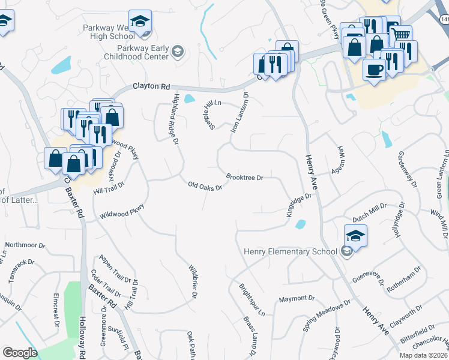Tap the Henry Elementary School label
[291, 251]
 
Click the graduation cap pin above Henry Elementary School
[356, 236]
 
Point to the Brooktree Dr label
[245, 177]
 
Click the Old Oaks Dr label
[205, 186]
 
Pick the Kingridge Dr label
[298, 205]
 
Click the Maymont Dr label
[297, 298]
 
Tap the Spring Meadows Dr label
[327, 316]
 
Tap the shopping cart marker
[400, 35]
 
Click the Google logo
[20, 353]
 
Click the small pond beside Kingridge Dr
[300, 225]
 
